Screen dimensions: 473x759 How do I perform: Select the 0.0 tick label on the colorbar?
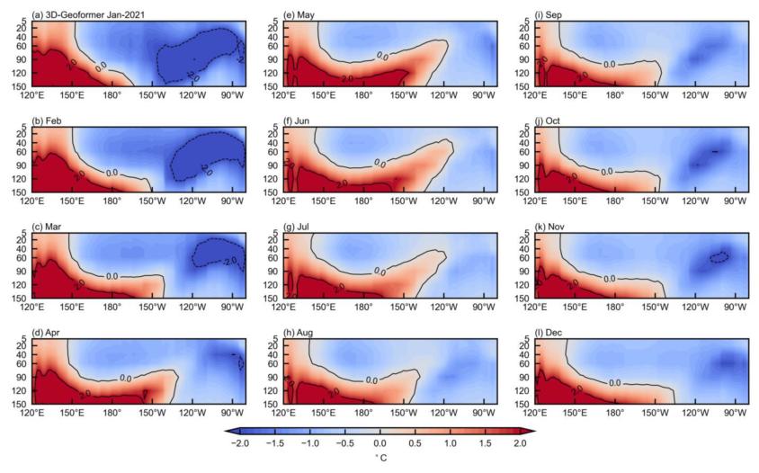click(x=379, y=443)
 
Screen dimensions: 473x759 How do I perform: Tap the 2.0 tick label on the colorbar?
click(x=520, y=443)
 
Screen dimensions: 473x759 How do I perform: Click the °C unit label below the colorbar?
click(x=379, y=459)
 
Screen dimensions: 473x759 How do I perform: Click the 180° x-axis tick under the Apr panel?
click(x=112, y=414)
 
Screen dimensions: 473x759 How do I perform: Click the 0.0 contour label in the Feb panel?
click(x=112, y=173)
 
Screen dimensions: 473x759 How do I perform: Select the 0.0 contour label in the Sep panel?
click(x=609, y=65)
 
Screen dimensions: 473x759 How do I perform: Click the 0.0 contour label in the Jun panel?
click(x=380, y=163)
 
